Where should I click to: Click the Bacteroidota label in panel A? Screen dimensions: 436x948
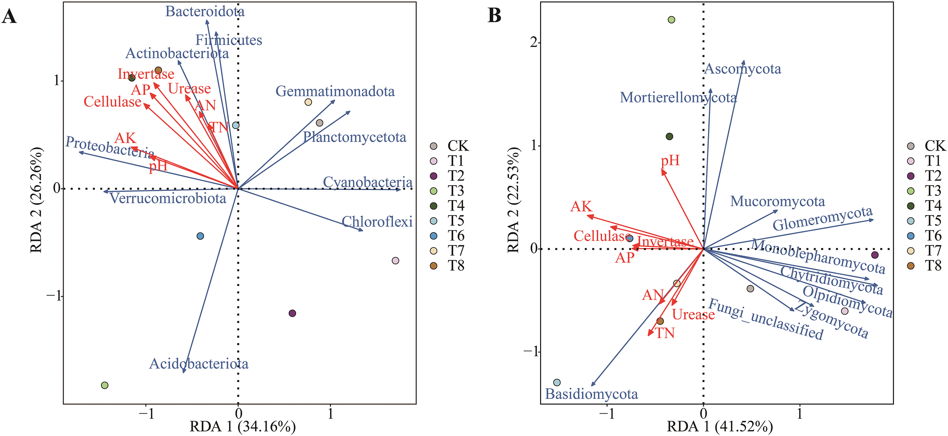point(205,12)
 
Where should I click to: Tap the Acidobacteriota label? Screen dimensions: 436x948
point(199,364)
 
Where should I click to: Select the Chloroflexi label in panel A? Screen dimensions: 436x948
point(377,222)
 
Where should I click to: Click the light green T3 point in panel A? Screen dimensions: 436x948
point(105,385)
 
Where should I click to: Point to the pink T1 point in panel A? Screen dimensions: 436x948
point(395,261)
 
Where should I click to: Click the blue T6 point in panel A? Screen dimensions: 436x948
point(200,236)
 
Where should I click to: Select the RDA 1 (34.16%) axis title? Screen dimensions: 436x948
point(243,427)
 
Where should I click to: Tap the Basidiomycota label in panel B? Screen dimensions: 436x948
point(591,394)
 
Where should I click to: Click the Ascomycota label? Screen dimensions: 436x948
point(743,69)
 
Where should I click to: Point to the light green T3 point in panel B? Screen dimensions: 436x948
point(671,20)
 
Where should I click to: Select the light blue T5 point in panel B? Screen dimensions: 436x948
point(557,383)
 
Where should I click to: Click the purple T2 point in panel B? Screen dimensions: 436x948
point(875,255)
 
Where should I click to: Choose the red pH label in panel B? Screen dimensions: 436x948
point(670,161)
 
